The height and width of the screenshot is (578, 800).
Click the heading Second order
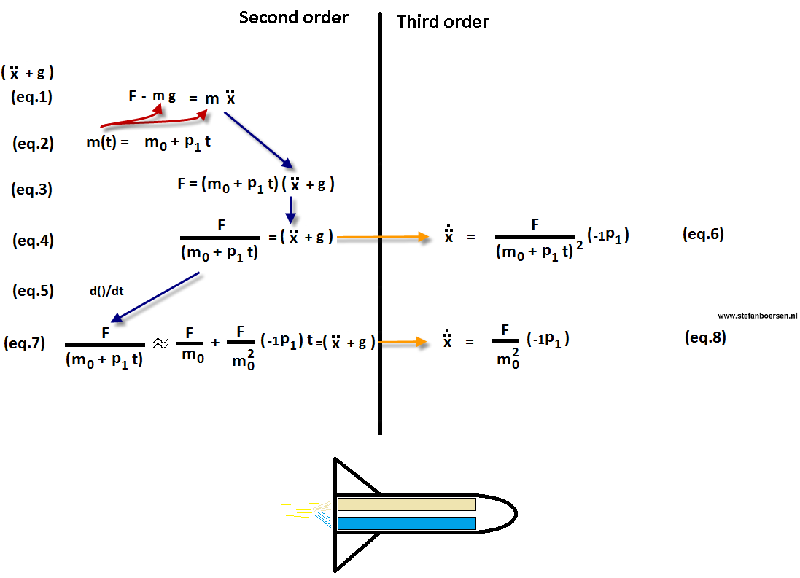[293, 17]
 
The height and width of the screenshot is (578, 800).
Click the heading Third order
[443, 22]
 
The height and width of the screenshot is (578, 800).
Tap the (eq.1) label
[31, 96]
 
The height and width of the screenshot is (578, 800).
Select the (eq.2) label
[33, 144]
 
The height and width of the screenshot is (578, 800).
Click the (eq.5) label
[33, 291]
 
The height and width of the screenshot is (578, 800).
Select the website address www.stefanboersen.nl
[757, 316]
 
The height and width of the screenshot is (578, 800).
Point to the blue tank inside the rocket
[406, 523]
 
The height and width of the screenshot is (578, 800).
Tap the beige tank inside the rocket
[406, 504]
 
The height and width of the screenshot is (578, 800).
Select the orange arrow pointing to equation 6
[381, 237]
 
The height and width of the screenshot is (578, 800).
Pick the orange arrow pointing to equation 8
[400, 341]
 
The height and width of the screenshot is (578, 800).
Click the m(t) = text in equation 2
[107, 143]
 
